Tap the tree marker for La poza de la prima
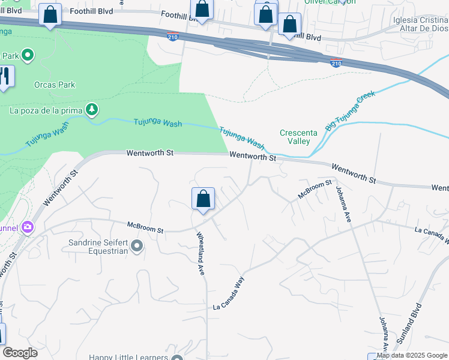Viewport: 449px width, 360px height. click(x=92, y=109)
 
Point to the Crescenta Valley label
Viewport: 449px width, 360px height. click(x=295, y=137)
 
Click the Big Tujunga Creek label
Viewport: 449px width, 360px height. click(x=350, y=111)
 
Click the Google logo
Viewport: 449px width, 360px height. click(x=20, y=353)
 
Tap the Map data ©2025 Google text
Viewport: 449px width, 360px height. click(x=412, y=356)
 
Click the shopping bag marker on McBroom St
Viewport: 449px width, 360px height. click(x=203, y=199)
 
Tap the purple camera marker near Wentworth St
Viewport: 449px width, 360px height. click(x=27, y=227)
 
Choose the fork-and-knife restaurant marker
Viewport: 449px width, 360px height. click(x=5, y=76)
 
